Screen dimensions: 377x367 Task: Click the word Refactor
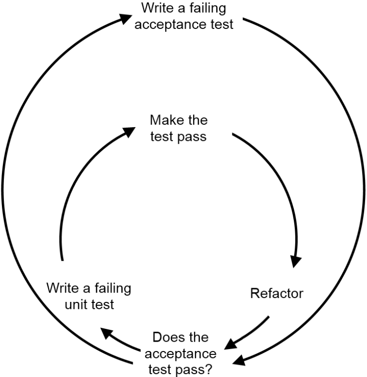(277, 294)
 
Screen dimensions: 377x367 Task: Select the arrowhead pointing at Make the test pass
(129, 131)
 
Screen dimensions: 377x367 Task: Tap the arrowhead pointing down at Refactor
(295, 261)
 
